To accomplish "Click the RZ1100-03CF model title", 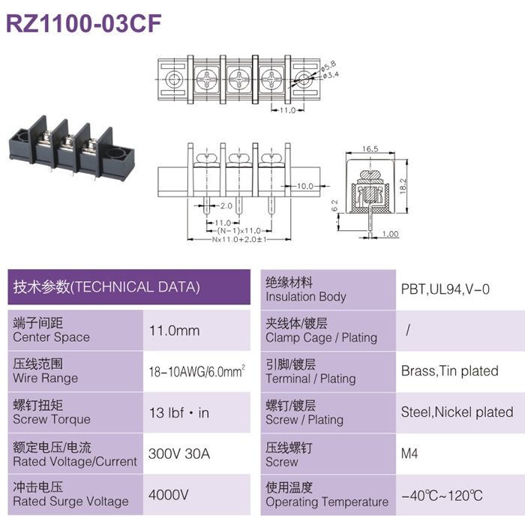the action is point(84,23).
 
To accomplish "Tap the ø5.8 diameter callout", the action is point(328,65).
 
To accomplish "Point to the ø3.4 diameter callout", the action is point(331,75).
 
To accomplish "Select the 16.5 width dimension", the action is point(370,149).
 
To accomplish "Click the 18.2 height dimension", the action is point(403,186).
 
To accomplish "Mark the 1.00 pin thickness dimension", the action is point(391,234).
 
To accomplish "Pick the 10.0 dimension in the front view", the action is point(305,186).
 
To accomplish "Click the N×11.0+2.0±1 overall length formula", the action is point(239,240).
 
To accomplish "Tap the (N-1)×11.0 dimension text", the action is point(238,231).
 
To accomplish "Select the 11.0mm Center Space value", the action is point(175,331).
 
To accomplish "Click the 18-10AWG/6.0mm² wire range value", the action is point(196,371).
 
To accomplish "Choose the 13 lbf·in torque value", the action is point(179,413).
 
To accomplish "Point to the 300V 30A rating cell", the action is point(179,454).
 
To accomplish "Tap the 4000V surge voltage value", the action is point(169,495).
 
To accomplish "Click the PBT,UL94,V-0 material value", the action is point(445,289).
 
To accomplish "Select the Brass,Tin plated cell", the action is point(450,371).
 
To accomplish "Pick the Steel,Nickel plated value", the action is point(457,412).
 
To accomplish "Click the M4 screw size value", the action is point(409,454).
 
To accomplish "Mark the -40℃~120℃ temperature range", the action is point(442,496).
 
